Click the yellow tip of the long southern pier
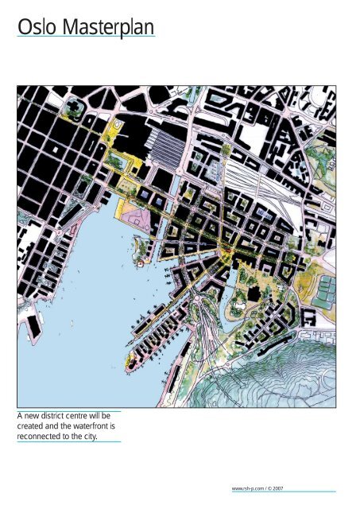coord(130,363)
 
